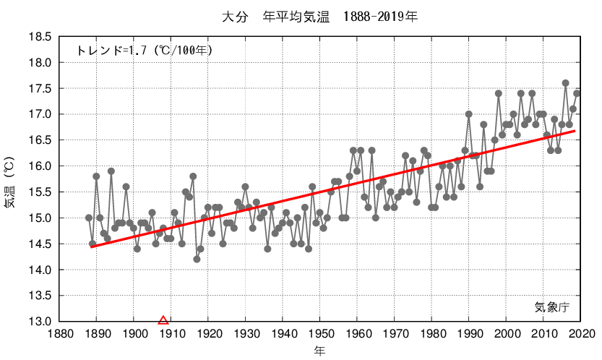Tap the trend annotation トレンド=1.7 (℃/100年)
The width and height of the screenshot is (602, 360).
(145, 51)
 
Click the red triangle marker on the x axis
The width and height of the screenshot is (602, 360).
(163, 320)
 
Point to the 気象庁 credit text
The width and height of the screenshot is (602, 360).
(552, 307)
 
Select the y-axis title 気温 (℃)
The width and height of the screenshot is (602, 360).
(9, 181)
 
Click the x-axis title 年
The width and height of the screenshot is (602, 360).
(319, 351)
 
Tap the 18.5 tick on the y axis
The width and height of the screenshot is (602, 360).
(40, 37)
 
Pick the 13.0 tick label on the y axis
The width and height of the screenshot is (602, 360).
(40, 322)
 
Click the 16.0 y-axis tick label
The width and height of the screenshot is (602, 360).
(40, 166)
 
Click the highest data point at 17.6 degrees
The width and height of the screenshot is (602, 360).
(566, 83)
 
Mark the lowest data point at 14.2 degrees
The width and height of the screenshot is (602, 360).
(197, 259)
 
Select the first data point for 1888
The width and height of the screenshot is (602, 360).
(89, 218)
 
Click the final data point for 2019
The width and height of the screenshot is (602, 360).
(577, 93)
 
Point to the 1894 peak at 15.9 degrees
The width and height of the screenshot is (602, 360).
(111, 171)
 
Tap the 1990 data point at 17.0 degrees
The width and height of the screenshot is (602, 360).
(469, 114)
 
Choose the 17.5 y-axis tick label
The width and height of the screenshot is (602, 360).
(40, 88)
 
